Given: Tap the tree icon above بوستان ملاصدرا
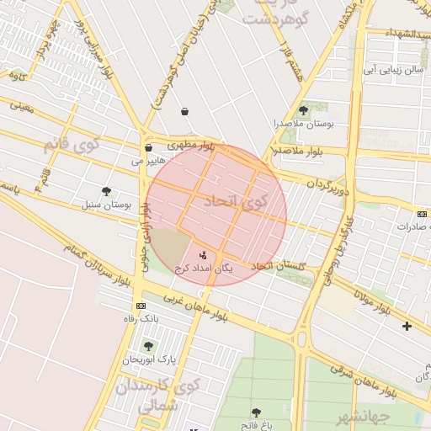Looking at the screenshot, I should pos(303,110).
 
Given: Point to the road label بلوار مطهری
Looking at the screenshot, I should pos(191,146).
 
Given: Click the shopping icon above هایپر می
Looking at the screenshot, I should pos(149,147).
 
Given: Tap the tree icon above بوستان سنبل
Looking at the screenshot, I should pos(106,191).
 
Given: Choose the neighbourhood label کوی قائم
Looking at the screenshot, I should pos(71,144).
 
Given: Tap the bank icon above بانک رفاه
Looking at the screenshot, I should pos(141,306).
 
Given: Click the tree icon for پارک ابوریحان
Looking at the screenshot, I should pos(148,346).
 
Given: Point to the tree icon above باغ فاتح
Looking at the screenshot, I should pos(256,412).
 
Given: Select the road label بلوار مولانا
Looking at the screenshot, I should pos(371,301).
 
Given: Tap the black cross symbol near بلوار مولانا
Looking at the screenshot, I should pos(407,326).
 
